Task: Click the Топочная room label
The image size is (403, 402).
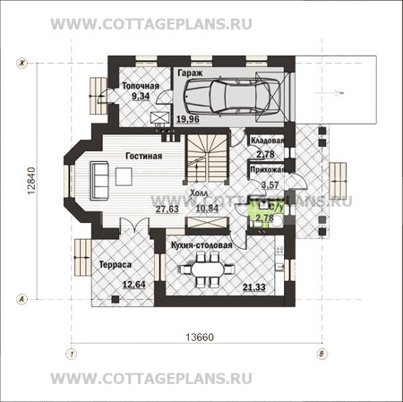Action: (141, 85)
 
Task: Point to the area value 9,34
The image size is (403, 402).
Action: (140, 95)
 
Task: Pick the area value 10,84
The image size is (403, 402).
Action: (207, 209)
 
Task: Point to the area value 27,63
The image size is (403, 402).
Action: (167, 209)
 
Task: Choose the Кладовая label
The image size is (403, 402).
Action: (269, 141)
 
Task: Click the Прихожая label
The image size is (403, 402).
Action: (269, 168)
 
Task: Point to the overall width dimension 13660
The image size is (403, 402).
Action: (195, 341)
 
